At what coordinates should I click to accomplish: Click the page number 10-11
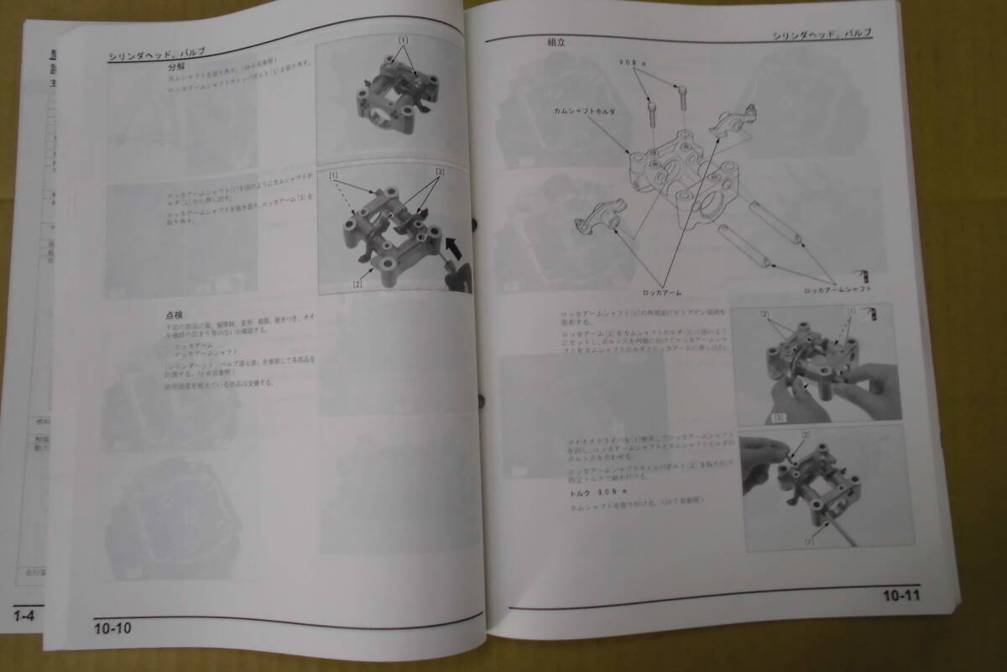(x=900, y=597)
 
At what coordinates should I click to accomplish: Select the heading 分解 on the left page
(x=176, y=66)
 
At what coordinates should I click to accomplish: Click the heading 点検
(x=175, y=316)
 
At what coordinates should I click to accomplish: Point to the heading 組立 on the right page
(x=557, y=41)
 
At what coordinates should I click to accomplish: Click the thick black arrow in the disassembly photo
(x=453, y=249)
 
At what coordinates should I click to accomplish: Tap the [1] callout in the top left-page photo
(x=403, y=40)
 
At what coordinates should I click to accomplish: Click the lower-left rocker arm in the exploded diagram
(x=597, y=223)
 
